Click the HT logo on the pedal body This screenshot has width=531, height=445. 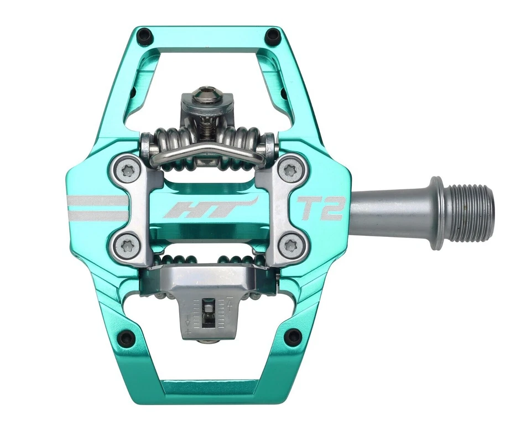coord(212,209)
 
